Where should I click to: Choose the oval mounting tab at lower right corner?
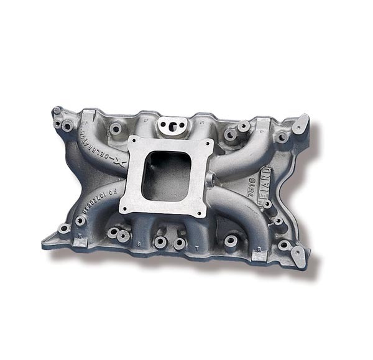tap(298, 256)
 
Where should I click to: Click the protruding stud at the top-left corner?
tap(57, 111)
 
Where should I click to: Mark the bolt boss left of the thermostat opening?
tap(116, 129)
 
